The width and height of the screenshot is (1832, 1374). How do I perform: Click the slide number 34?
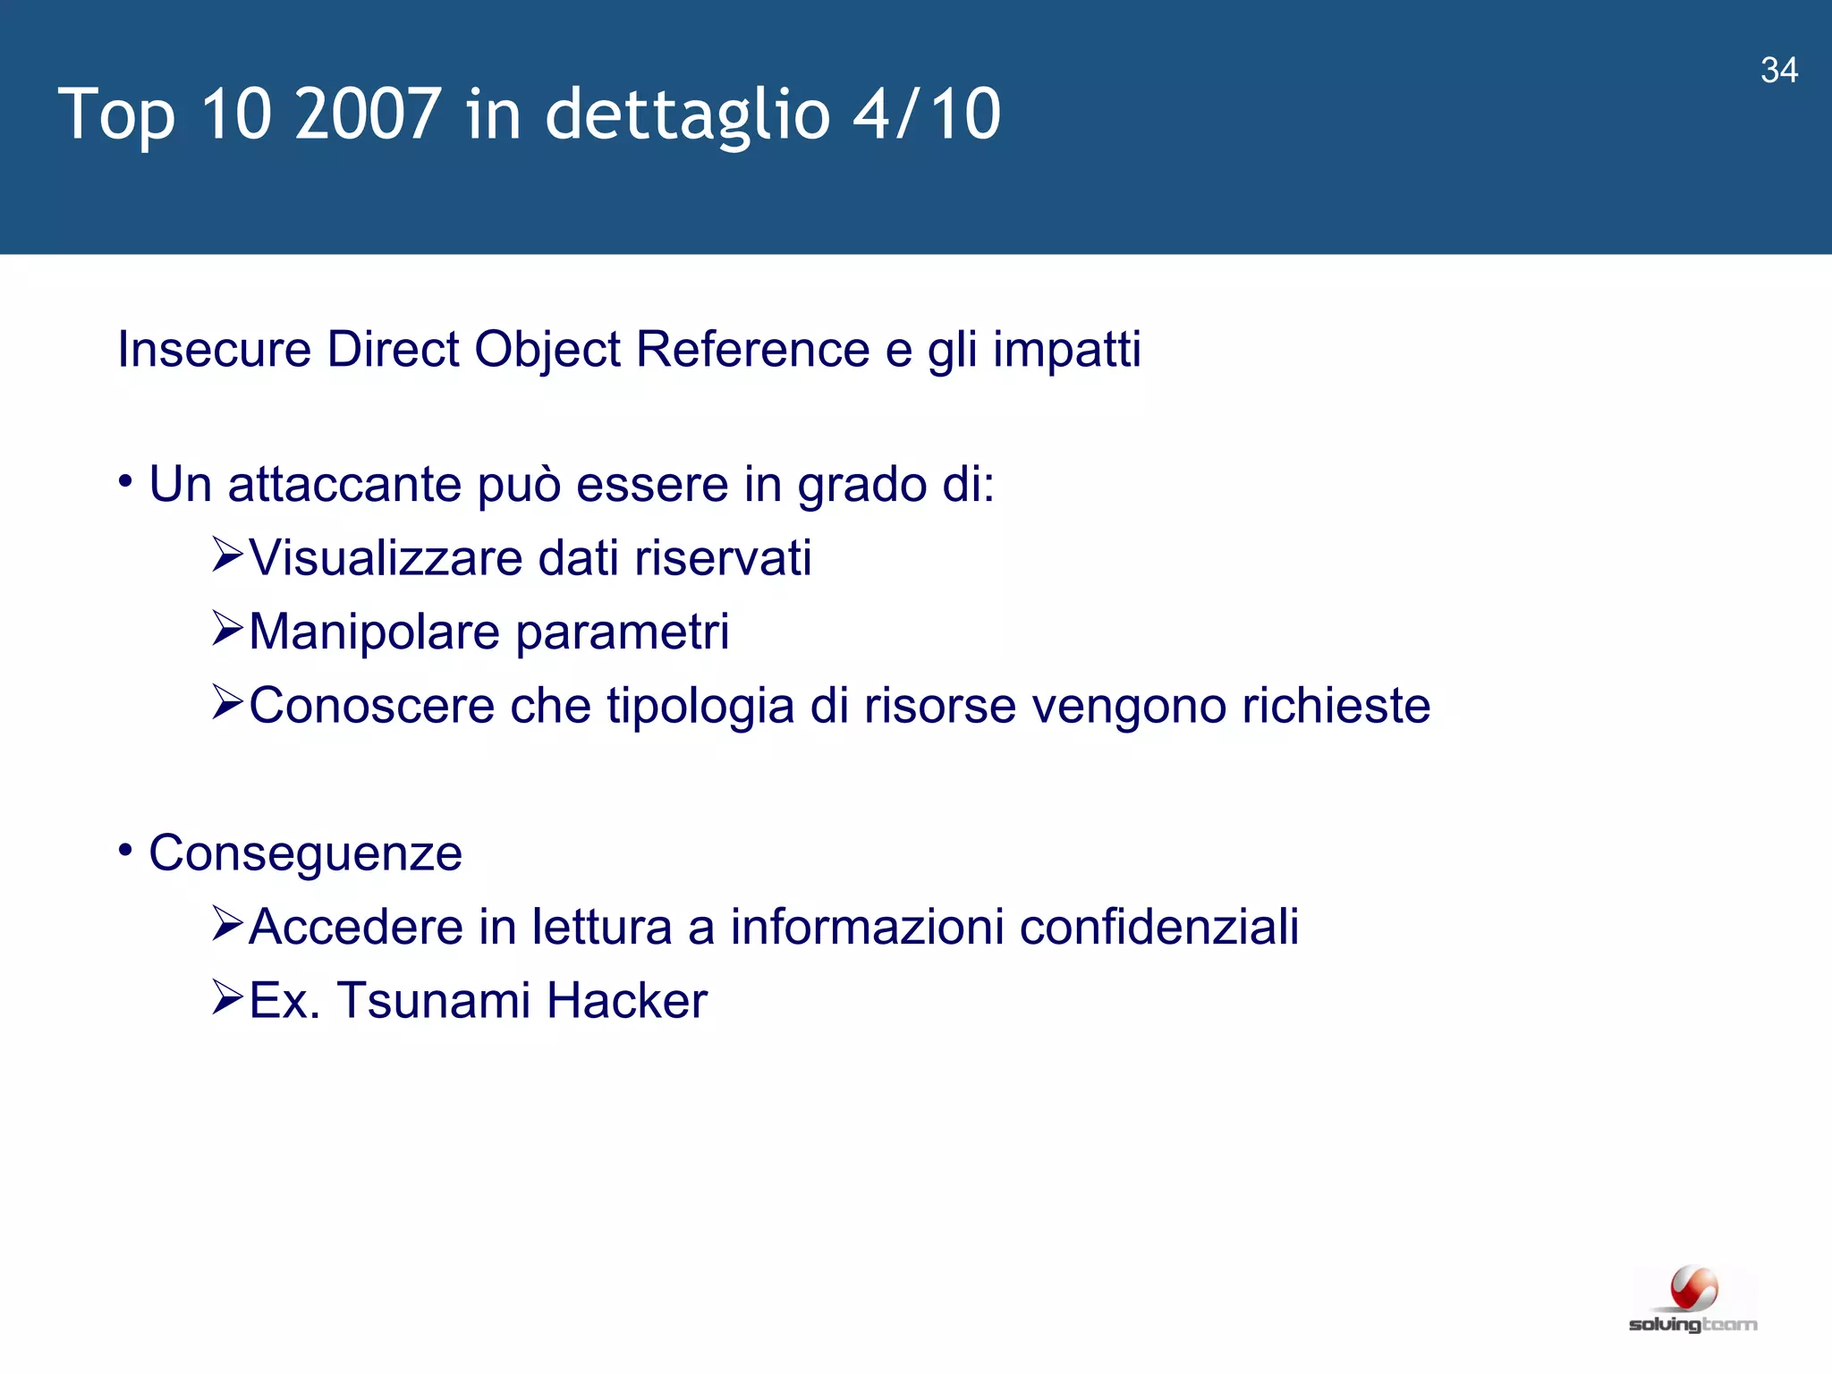coord(1778,70)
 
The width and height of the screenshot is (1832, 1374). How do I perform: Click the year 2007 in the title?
coord(368,114)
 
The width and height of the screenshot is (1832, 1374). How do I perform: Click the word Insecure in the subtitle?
coord(215,349)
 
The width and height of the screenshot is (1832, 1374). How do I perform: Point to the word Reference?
coord(752,349)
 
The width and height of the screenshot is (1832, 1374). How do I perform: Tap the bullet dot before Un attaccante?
coord(125,481)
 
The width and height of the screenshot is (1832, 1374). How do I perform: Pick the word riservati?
coord(723,558)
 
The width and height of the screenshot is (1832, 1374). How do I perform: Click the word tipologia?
coord(700,707)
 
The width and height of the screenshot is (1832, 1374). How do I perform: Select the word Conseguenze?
coord(305,853)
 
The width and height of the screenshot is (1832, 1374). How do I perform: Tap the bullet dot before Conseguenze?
coord(125,849)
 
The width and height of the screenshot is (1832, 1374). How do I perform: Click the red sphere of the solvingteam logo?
coord(1693,1289)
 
